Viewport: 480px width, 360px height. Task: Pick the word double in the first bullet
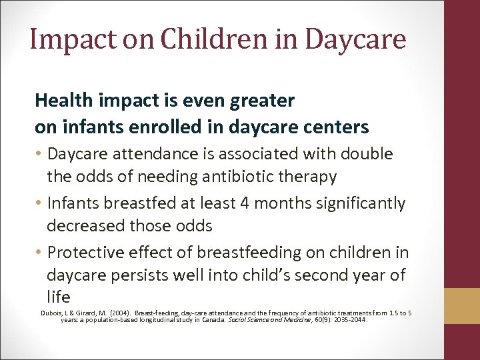click(x=367, y=154)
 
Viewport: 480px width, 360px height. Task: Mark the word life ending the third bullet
click(x=58, y=297)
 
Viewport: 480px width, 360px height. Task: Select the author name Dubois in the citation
click(x=51, y=312)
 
